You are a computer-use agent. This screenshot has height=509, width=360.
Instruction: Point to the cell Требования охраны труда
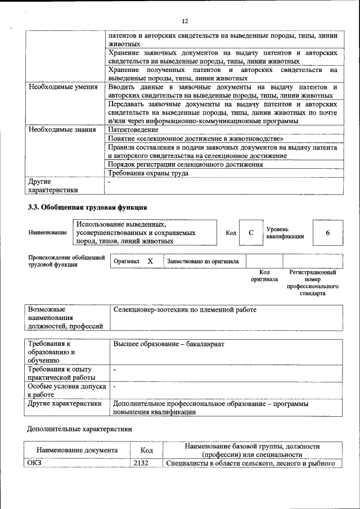[148, 173]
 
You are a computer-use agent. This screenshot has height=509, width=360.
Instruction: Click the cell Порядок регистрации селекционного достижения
[185, 164]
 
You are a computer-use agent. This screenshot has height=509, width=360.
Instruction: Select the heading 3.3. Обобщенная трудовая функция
[87, 206]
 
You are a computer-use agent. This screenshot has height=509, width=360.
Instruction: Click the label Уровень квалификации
[285, 233]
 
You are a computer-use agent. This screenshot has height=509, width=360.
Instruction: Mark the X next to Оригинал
[150, 261]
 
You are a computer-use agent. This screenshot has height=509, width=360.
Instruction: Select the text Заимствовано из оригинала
[202, 261]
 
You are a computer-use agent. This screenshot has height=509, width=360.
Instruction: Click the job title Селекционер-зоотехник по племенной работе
[184, 309]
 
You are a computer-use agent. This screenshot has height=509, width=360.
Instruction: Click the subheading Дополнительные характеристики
[80, 429]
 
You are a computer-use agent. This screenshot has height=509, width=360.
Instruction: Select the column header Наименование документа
[77, 450]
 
